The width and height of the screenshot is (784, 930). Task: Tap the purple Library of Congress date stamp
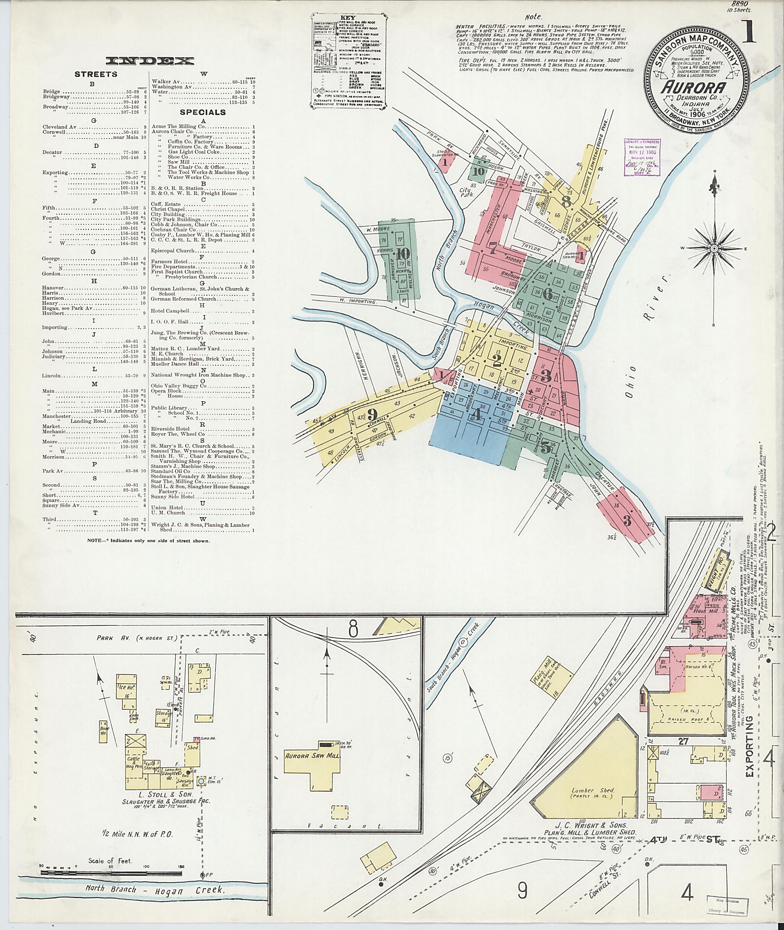[642, 158]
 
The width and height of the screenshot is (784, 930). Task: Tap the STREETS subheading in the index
[96, 74]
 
